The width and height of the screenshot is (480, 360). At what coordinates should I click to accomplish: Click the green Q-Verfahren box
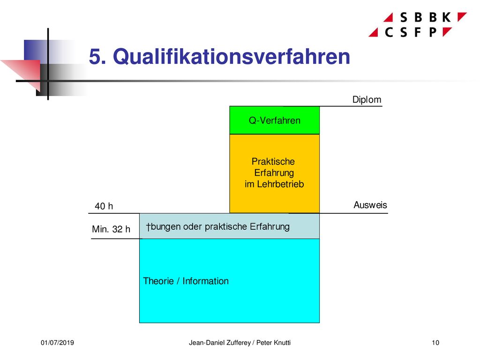(x=275, y=120)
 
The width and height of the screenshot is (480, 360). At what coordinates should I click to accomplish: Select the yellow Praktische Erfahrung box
(x=275, y=173)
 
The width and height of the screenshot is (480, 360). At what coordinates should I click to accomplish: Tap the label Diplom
(x=367, y=100)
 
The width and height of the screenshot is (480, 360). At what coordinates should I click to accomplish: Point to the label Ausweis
(x=370, y=205)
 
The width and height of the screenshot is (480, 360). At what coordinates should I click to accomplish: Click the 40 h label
(x=104, y=206)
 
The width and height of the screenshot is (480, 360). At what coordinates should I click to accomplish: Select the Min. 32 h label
(x=111, y=229)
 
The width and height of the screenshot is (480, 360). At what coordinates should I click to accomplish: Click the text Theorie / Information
(x=186, y=281)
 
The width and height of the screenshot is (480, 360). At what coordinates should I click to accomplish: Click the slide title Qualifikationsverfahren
(x=232, y=57)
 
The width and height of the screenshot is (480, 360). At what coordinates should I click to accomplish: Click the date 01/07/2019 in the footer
(x=57, y=343)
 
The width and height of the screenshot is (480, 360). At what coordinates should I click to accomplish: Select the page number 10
(x=435, y=343)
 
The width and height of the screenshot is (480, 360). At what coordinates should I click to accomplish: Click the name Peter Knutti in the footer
(x=273, y=343)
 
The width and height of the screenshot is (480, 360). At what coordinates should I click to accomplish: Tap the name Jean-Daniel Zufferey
(x=220, y=343)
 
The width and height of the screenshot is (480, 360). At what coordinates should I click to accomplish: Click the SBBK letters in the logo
(x=426, y=17)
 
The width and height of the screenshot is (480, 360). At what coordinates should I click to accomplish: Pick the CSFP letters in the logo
(x=411, y=32)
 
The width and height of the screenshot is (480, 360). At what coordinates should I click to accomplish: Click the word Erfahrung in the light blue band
(x=270, y=226)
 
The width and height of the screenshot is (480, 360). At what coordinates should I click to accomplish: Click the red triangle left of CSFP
(x=374, y=33)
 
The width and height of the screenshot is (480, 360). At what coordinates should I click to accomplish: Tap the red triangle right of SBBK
(x=461, y=16)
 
